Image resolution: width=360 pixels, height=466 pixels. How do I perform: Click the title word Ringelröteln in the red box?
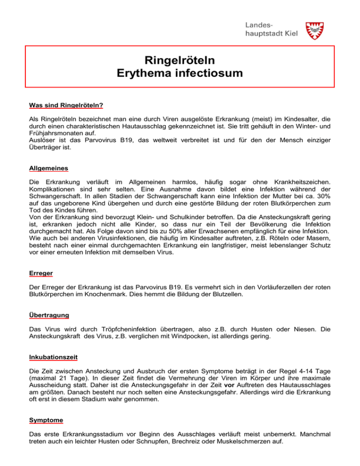coord(180,60)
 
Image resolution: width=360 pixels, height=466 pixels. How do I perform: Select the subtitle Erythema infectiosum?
coord(180,73)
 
